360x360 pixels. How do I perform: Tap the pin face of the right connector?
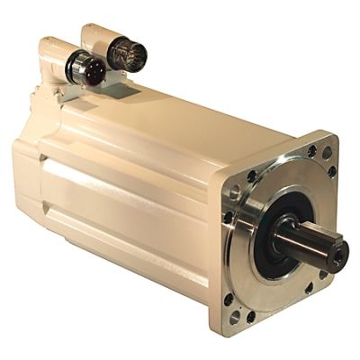128,55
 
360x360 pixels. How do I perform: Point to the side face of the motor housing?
126,207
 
